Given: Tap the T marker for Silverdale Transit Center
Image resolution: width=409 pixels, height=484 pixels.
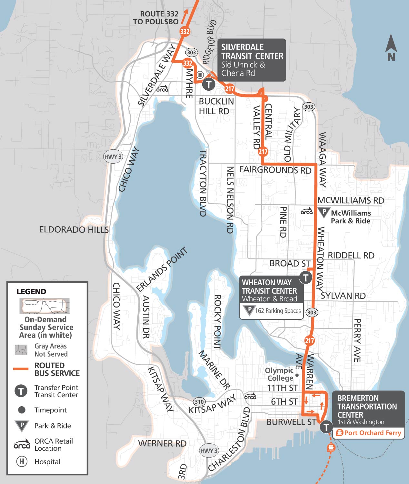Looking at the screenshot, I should click(x=209, y=85).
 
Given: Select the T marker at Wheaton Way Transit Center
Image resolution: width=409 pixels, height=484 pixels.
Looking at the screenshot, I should click(x=305, y=277).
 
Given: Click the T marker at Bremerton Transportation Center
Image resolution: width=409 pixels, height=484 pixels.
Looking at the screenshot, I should click(x=326, y=427).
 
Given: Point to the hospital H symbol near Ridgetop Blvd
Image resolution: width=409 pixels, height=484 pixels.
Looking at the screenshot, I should click(x=200, y=75).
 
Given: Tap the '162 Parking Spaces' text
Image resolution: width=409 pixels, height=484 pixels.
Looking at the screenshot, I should click(x=278, y=311).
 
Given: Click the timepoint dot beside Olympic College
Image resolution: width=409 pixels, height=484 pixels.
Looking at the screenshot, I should click(x=297, y=375).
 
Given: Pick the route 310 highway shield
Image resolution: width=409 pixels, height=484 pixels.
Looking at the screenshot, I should click(x=199, y=402).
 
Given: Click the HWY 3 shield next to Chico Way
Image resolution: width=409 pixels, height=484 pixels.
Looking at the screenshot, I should click(x=113, y=157).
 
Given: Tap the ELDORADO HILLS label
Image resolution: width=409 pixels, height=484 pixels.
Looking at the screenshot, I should click(x=74, y=230).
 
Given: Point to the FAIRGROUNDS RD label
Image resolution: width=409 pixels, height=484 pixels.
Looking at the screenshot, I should click(x=275, y=170).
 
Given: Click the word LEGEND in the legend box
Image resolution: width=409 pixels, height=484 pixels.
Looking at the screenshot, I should click(x=31, y=291).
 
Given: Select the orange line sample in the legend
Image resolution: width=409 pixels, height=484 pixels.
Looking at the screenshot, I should click(x=21, y=369).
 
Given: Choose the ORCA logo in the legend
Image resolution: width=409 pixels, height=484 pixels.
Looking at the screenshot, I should click(x=22, y=444).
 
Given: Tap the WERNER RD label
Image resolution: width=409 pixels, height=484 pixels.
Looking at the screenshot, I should click(x=162, y=443).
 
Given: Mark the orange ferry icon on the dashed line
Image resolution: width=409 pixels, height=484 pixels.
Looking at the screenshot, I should click(x=331, y=448).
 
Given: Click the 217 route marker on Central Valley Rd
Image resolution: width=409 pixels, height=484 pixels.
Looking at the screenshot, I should click(x=263, y=151).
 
